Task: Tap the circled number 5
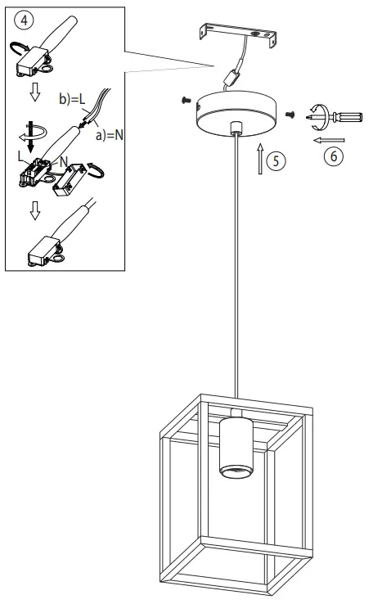278,160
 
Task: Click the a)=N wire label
108,133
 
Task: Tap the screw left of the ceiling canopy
186,101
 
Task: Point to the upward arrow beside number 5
260,158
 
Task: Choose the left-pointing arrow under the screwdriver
327,139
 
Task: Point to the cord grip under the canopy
237,128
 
